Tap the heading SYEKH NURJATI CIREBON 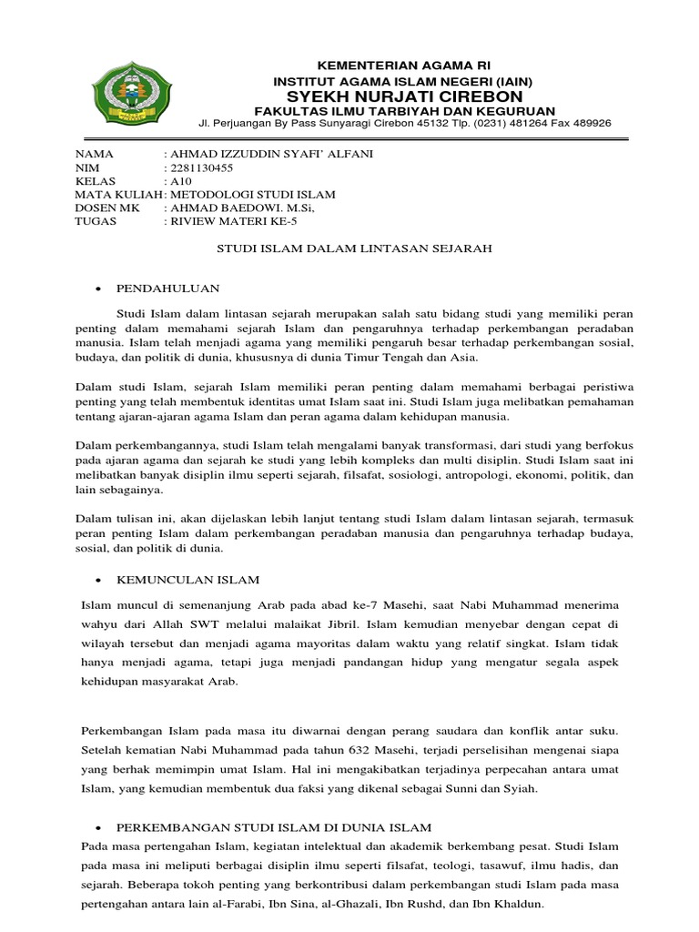[x=405, y=96]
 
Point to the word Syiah [x=518, y=789]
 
